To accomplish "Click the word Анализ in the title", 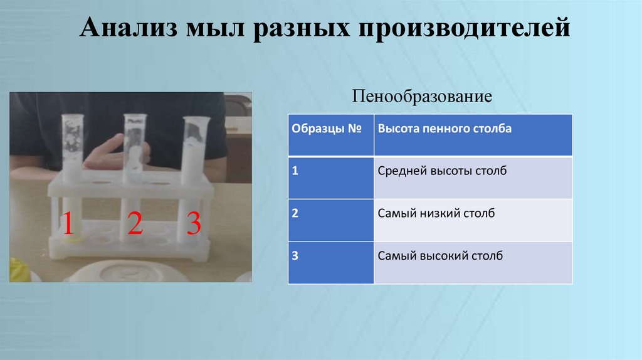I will coord(128,29).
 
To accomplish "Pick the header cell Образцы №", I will coord(328,129).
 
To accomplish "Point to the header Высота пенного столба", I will coord(445,129).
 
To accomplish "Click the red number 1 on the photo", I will coord(67,223).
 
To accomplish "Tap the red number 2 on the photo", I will coord(135,223).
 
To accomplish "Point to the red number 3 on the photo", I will coord(194,223).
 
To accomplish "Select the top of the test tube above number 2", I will coord(135,118).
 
